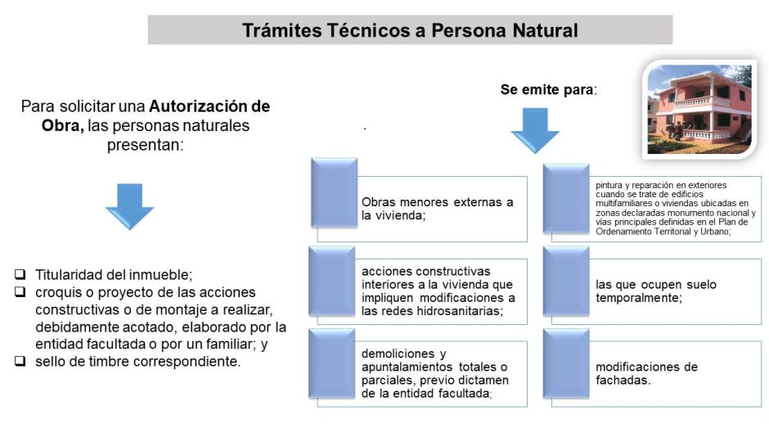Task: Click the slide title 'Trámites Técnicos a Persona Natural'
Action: click(410, 30)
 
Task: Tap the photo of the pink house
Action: click(699, 110)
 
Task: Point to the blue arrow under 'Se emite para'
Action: click(535, 131)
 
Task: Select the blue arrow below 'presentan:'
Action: click(129, 206)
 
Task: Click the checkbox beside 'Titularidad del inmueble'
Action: click(20, 274)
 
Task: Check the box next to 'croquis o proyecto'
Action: click(20, 291)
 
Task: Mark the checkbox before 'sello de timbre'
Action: click(20, 361)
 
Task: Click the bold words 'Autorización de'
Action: click(209, 106)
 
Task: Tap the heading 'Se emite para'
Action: click(549, 89)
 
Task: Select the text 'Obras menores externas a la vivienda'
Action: click(437, 209)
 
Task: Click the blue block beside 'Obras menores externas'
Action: click(334, 192)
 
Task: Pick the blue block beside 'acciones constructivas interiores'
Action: click(331, 281)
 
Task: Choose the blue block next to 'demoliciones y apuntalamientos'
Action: click(331, 363)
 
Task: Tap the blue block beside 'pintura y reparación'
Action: click(566, 198)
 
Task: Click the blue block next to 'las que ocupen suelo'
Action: click(566, 281)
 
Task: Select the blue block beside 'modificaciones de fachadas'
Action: click(566, 363)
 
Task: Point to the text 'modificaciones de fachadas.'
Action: click(646, 373)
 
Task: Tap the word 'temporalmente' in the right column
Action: click(637, 298)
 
